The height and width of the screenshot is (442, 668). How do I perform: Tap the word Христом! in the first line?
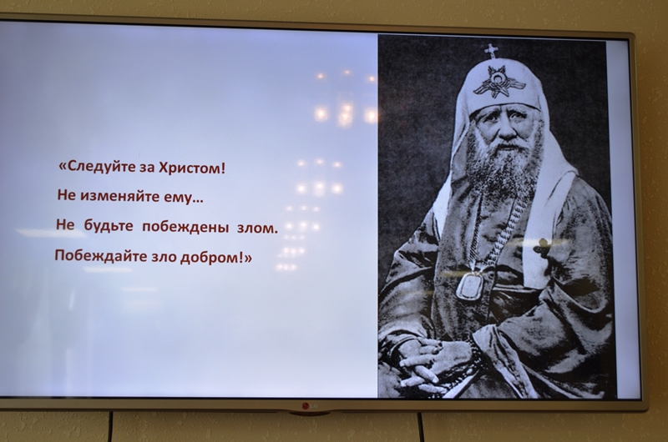click(192, 168)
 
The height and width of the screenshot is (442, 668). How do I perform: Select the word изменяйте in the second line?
click(119, 196)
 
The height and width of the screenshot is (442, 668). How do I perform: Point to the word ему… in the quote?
click(183, 198)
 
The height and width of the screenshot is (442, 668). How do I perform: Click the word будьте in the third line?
click(109, 226)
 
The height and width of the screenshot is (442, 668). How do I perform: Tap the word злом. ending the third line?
click(257, 229)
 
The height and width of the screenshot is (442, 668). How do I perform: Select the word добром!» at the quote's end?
click(215, 258)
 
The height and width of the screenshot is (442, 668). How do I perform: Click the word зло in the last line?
click(164, 258)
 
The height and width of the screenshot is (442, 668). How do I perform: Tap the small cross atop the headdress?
click(491, 51)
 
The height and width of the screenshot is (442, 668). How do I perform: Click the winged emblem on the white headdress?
click(498, 82)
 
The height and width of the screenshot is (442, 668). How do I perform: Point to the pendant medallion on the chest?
click(469, 285)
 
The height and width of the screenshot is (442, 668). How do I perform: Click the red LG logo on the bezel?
click(310, 406)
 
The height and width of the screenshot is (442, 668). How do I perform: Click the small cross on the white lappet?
click(541, 247)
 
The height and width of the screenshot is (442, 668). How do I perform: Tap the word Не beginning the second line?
click(66, 195)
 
